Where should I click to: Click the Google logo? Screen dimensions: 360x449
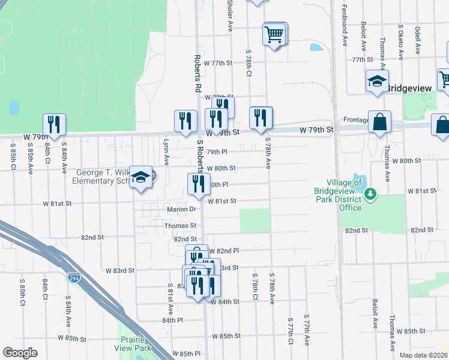coord(20,353)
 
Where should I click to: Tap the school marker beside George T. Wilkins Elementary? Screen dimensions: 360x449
coord(141,177)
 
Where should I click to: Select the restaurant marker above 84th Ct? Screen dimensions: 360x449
coord(54,124)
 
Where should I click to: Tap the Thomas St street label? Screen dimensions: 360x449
coord(180,226)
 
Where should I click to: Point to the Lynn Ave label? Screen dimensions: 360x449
coord(166,152)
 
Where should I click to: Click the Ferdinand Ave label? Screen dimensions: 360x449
coord(345,28)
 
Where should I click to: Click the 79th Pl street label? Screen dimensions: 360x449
coord(217,152)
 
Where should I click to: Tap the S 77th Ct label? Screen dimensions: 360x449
coord(290,332)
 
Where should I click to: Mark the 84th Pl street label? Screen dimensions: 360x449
coord(172,320)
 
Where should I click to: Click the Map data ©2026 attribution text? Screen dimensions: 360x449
coord(423,355)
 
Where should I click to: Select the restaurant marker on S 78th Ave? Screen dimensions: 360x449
coord(260,118)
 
